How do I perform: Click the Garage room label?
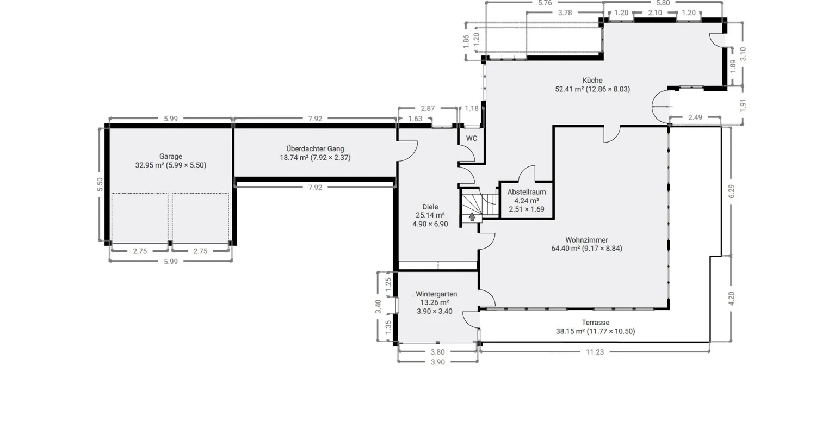[x=170, y=156]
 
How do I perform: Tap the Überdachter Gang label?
[x=315, y=148]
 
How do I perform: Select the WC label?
[x=472, y=139]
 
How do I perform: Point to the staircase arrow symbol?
[x=472, y=217]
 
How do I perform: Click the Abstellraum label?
[x=527, y=192]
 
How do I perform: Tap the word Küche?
[x=592, y=80]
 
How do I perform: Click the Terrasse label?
[x=595, y=323]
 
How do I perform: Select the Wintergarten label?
[x=436, y=294]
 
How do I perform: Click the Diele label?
[x=430, y=207]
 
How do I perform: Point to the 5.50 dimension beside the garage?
[x=100, y=184]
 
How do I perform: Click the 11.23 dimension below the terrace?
[x=595, y=352]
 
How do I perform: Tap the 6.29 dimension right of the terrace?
[x=731, y=191]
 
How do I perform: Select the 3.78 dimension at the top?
[x=565, y=13]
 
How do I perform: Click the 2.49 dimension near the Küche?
[x=695, y=117]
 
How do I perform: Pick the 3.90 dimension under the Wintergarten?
[x=437, y=362]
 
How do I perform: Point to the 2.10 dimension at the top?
[x=655, y=13]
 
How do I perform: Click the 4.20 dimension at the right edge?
[x=731, y=299]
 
